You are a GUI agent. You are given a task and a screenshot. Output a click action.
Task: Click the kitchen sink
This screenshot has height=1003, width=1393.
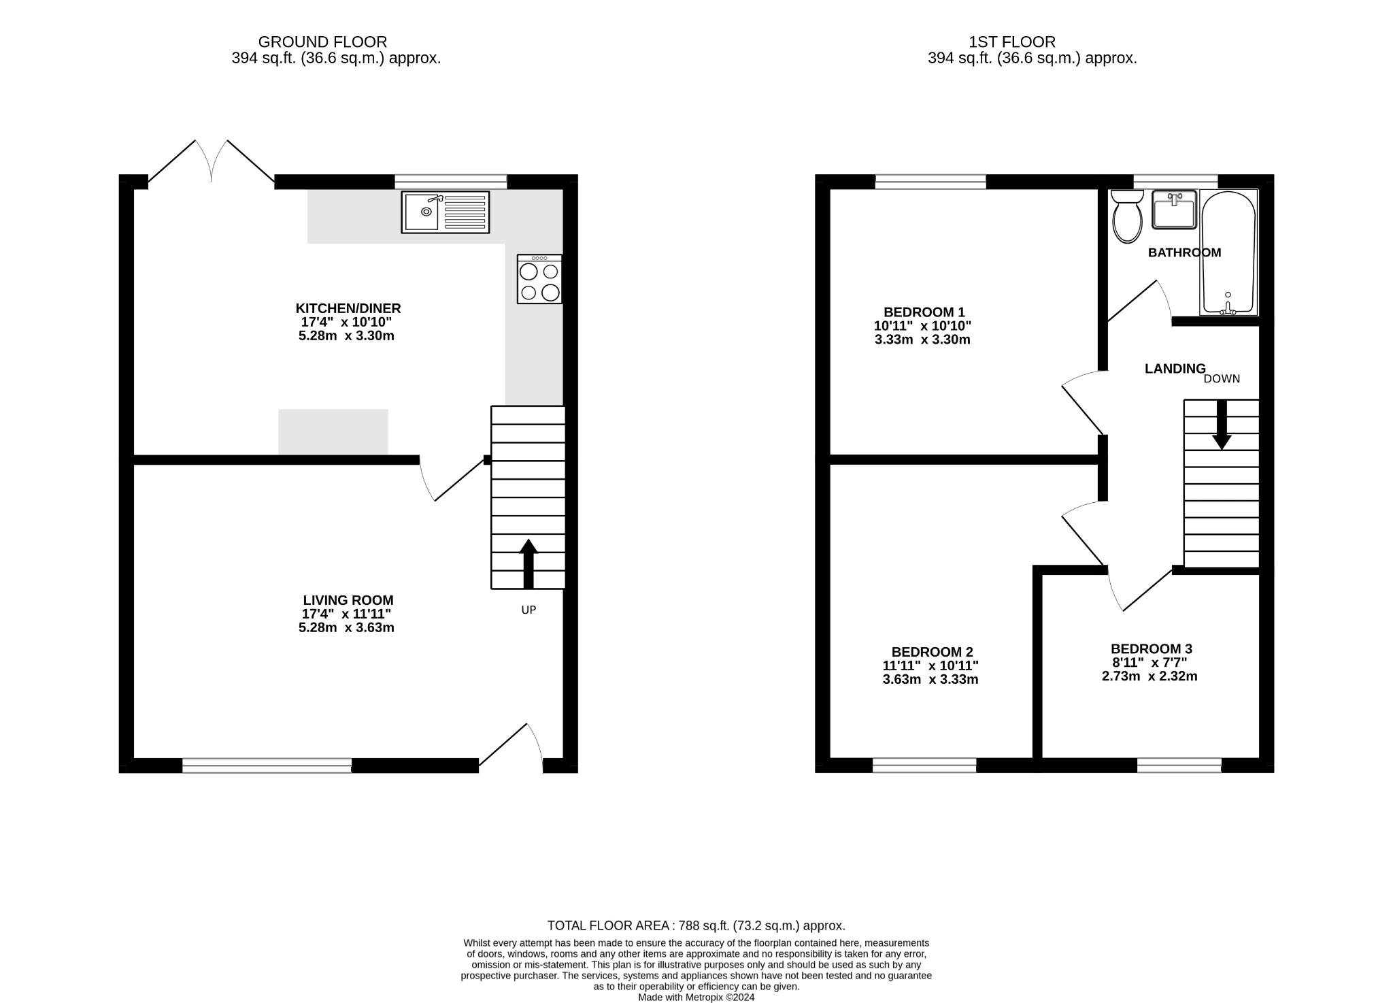[445, 212]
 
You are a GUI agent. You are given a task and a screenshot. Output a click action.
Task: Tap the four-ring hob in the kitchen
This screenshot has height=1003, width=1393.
[539, 280]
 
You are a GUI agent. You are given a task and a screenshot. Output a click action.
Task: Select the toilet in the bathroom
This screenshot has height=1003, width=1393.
[1127, 217]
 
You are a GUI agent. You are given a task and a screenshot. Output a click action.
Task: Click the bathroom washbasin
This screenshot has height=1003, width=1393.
[1174, 210]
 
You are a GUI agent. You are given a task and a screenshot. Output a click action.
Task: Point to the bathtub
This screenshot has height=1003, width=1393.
[1228, 252]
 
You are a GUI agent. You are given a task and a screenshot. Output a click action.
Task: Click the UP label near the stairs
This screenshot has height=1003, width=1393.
[528, 610]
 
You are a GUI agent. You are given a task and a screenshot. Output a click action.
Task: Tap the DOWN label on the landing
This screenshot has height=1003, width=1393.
[1222, 379]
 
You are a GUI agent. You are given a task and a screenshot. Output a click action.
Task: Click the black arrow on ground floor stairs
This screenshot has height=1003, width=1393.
[528, 564]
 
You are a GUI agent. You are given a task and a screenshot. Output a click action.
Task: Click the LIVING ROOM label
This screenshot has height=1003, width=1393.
[348, 600]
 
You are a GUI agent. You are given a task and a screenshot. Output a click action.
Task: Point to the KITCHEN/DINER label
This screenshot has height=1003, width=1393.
[348, 308]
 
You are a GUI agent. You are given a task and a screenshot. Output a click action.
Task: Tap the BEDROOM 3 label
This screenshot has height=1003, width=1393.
[1151, 648]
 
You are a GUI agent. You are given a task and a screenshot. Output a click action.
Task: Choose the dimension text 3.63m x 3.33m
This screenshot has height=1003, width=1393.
[930, 679]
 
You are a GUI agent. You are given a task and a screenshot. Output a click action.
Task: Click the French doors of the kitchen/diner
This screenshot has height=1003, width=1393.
[212, 162]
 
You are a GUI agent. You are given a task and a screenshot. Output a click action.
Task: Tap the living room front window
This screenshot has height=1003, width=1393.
[267, 766]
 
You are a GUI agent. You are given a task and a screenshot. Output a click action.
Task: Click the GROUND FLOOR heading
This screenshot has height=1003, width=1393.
[322, 42]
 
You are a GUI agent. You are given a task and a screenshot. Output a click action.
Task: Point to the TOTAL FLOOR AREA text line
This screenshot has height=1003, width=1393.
[696, 925]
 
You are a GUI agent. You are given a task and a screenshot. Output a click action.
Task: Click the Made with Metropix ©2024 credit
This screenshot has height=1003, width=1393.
[696, 998]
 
